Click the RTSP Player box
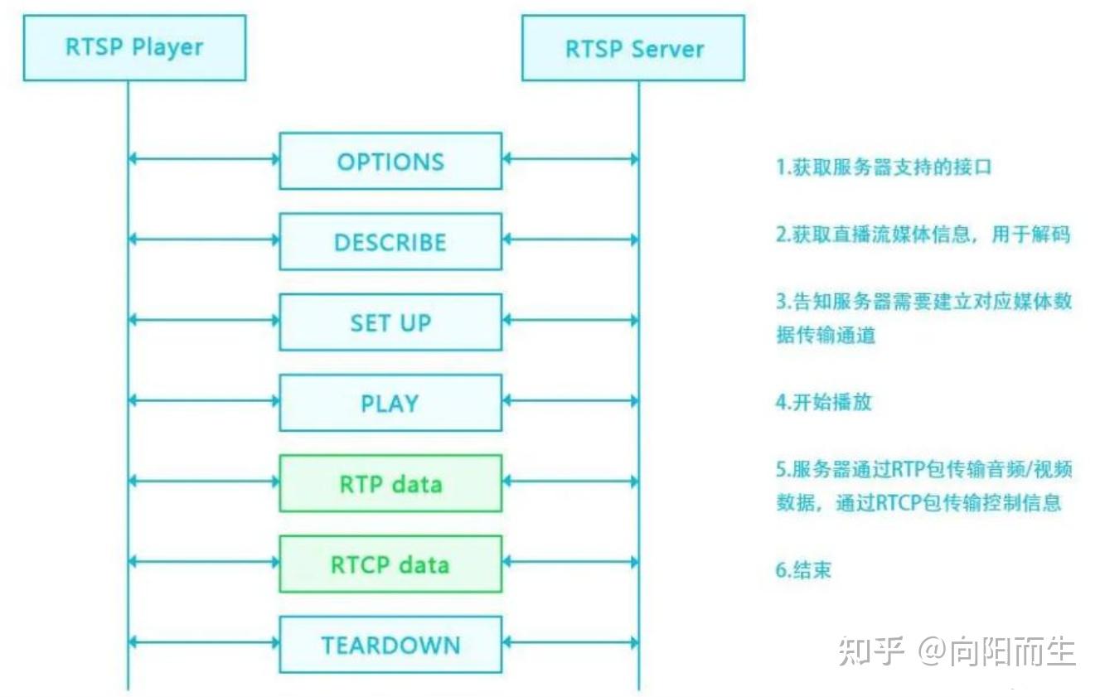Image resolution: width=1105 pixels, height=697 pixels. pyautogui.click(x=134, y=47)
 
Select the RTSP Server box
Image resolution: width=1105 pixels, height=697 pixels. pyautogui.click(x=633, y=48)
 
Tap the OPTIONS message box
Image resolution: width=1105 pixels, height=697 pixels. pyautogui.click(x=390, y=161)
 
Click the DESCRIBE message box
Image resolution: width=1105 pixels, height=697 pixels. pyautogui.click(x=390, y=241)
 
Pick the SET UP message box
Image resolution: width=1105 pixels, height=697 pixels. pyautogui.click(x=390, y=322)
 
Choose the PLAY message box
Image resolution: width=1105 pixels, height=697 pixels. pyautogui.click(x=390, y=403)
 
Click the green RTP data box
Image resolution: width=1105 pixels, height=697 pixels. pyautogui.click(x=390, y=483)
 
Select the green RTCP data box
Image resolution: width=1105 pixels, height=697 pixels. pyautogui.click(x=390, y=564)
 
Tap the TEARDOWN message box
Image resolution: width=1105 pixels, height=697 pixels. pyautogui.click(x=390, y=644)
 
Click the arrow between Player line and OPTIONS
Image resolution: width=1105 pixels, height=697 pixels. pyautogui.click(x=204, y=159)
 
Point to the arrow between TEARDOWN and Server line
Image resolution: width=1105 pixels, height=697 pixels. pyautogui.click(x=570, y=642)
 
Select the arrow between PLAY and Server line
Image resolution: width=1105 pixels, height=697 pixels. pyautogui.click(x=570, y=401)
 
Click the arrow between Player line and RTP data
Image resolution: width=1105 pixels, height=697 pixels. pyautogui.click(x=204, y=482)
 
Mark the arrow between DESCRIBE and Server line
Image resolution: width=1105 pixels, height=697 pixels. pyautogui.click(x=570, y=240)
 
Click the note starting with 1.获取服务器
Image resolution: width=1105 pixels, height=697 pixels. pyautogui.click(x=884, y=167)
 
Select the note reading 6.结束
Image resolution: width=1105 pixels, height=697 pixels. pyautogui.click(x=803, y=570)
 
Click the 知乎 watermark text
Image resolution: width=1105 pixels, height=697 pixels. pyautogui.click(x=870, y=651)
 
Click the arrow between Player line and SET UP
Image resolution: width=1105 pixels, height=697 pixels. pyautogui.click(x=204, y=320)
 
